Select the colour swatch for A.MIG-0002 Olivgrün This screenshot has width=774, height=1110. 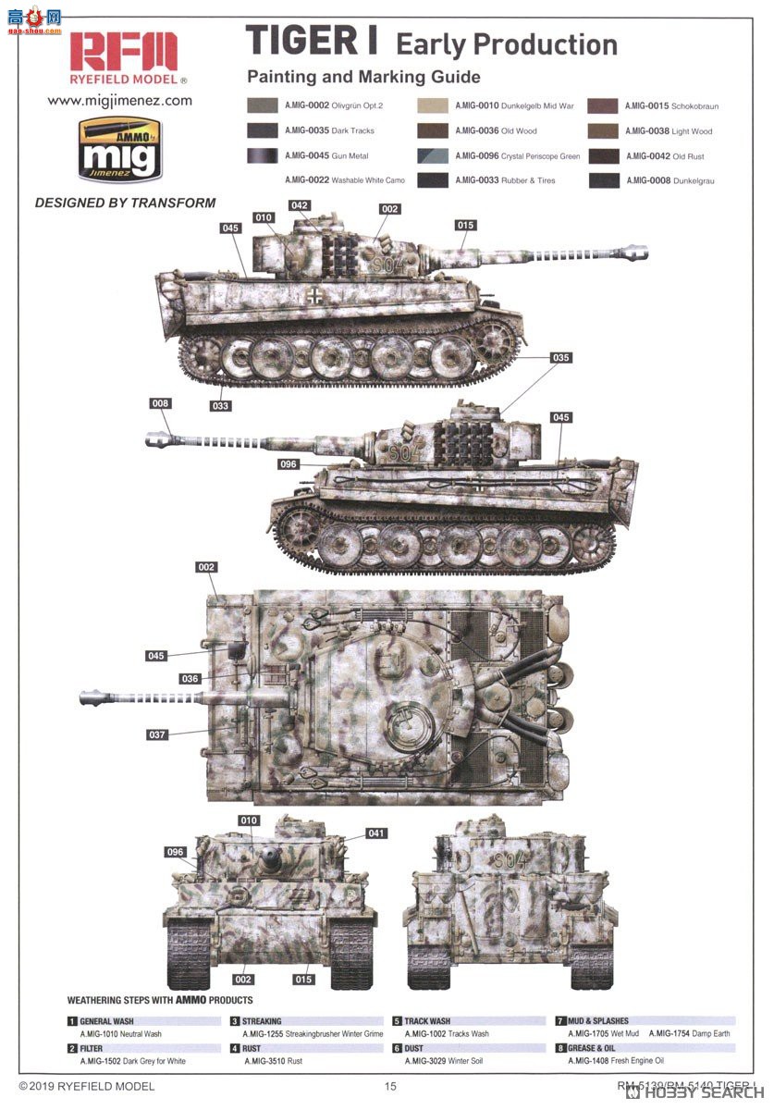pos(264,106)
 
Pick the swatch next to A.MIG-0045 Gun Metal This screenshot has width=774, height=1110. pos(264,155)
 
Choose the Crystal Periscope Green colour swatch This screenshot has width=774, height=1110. pos(432,156)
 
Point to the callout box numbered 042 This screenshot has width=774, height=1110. pos(299,205)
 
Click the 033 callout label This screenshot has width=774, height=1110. pos(220,405)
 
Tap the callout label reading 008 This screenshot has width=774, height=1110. pos(161,403)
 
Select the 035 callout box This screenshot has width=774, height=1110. pos(560,358)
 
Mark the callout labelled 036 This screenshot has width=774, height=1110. pos(189,679)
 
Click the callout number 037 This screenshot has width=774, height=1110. pos(156,735)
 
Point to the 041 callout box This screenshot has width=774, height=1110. pos(376,833)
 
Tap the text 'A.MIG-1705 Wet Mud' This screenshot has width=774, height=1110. pos(603,1033)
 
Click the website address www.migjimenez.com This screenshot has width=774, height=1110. pos(119,100)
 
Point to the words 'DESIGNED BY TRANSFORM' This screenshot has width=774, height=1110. pos(125,203)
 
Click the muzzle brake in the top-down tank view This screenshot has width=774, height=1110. pos(92,697)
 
